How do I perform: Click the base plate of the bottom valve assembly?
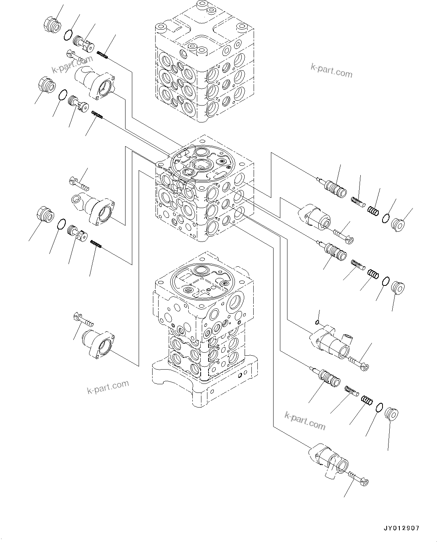205,383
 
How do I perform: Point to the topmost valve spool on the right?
334,187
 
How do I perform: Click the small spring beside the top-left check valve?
102,55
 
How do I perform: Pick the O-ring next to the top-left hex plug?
68,35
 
